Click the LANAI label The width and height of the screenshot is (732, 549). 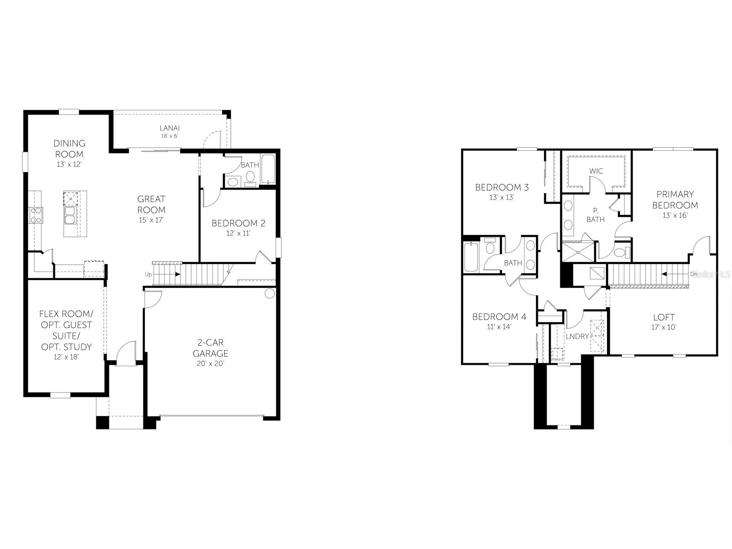(170, 128)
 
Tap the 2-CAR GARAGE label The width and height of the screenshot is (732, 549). (210, 348)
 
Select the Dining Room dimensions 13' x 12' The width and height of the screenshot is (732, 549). (69, 165)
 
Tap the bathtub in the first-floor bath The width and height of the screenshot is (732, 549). (268, 169)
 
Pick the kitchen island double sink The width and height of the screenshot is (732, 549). (69, 215)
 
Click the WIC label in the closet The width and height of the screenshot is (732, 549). (596, 171)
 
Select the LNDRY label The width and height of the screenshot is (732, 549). (577, 336)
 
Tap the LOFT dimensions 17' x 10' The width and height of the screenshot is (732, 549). (664, 327)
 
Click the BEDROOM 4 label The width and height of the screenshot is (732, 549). (499, 317)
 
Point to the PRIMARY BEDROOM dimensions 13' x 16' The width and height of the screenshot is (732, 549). (675, 215)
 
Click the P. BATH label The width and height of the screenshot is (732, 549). (595, 215)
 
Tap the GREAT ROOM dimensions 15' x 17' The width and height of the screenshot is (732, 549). (152, 220)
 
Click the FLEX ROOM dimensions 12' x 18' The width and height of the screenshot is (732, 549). (66, 357)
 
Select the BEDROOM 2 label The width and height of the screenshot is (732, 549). (238, 223)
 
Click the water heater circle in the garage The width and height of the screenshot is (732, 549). (270, 293)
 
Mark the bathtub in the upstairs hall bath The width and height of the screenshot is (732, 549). (471, 257)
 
